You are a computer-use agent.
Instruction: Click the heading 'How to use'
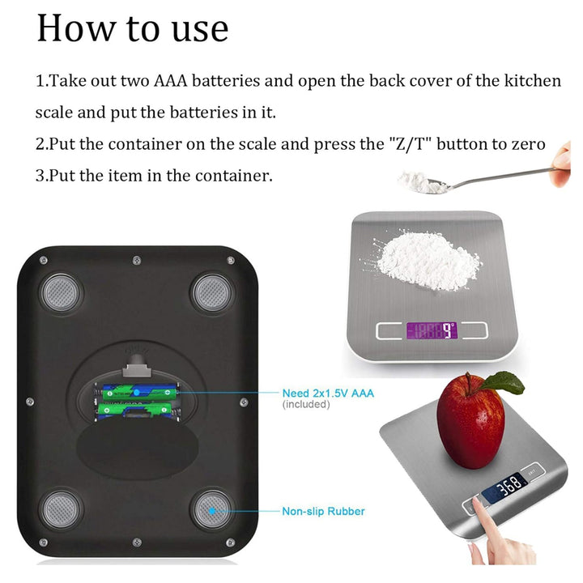click(133, 28)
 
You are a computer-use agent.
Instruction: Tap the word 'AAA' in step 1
click(170, 81)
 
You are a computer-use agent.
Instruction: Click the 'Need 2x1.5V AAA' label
click(328, 393)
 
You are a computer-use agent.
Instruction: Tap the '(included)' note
click(306, 404)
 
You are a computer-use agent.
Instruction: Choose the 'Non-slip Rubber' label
click(323, 511)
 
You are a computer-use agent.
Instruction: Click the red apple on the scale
click(470, 423)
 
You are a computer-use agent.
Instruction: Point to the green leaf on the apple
click(504, 383)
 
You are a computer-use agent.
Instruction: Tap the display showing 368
click(505, 487)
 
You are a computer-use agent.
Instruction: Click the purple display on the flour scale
click(432, 330)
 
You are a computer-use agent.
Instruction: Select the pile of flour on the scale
click(423, 260)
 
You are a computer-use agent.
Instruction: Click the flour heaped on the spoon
click(422, 182)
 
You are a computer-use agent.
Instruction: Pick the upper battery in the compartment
click(138, 392)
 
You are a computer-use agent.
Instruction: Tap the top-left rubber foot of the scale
click(62, 293)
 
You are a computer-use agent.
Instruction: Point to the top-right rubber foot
click(212, 293)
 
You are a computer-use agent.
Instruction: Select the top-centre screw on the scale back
click(137, 260)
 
